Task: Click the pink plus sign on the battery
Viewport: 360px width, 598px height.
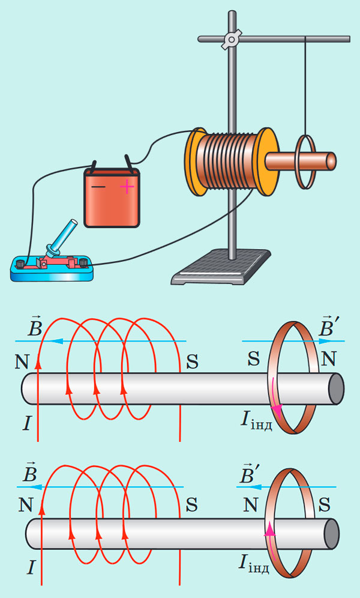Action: point(127,187)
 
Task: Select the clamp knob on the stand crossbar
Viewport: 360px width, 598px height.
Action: point(231,40)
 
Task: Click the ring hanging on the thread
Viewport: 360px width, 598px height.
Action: point(305,162)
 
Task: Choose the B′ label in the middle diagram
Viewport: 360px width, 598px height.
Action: point(329,328)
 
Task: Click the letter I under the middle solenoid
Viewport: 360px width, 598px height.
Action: point(26,424)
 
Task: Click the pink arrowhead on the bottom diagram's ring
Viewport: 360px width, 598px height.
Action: point(270,530)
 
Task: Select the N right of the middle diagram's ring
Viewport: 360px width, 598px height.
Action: point(329,359)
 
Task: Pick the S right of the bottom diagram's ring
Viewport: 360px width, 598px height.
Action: point(327,505)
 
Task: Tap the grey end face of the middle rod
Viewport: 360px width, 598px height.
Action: point(336,388)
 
